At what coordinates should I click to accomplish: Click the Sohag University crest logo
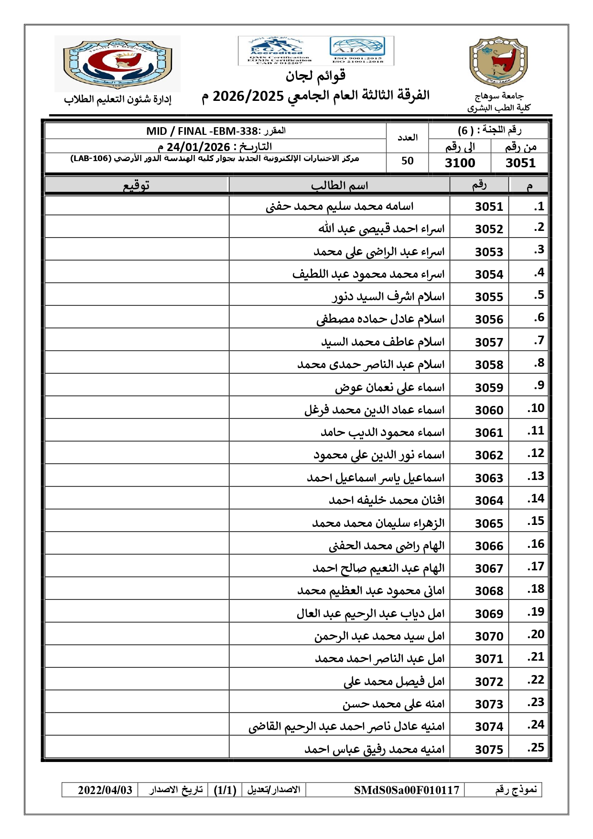point(498,63)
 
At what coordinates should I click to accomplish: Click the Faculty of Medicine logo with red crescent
point(118,63)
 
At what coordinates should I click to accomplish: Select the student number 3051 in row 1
point(489,207)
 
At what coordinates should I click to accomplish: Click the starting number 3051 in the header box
point(520,163)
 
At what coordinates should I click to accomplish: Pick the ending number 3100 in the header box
point(460,163)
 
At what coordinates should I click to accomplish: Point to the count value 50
point(407,161)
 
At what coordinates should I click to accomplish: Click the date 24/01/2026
point(198,147)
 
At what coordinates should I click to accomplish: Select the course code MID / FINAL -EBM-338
point(202,131)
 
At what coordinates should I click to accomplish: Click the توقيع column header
point(136,185)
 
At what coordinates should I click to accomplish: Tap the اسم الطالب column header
point(339,185)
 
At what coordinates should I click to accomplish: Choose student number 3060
point(489,410)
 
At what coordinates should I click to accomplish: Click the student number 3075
point(489,750)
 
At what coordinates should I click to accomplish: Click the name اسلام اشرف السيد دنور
point(388,297)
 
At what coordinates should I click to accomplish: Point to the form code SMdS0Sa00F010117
point(406,790)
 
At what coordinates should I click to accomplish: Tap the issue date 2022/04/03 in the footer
point(105,790)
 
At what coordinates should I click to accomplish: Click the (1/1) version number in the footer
point(225,790)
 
